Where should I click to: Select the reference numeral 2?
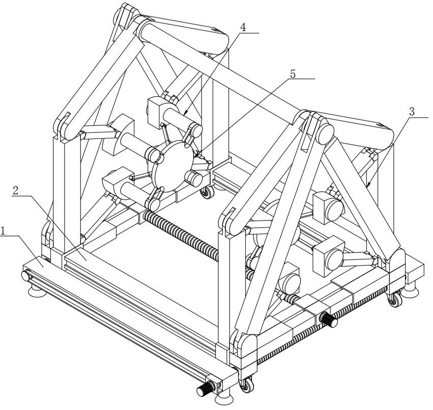tap(15, 190)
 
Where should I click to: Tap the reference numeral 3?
tap(412, 112)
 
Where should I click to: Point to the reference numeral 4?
tap(243, 27)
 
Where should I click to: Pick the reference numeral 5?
tap(293, 74)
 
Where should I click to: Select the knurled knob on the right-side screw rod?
tap(329, 320)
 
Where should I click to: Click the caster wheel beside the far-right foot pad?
tap(395, 300)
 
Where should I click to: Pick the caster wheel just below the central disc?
tap(207, 192)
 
